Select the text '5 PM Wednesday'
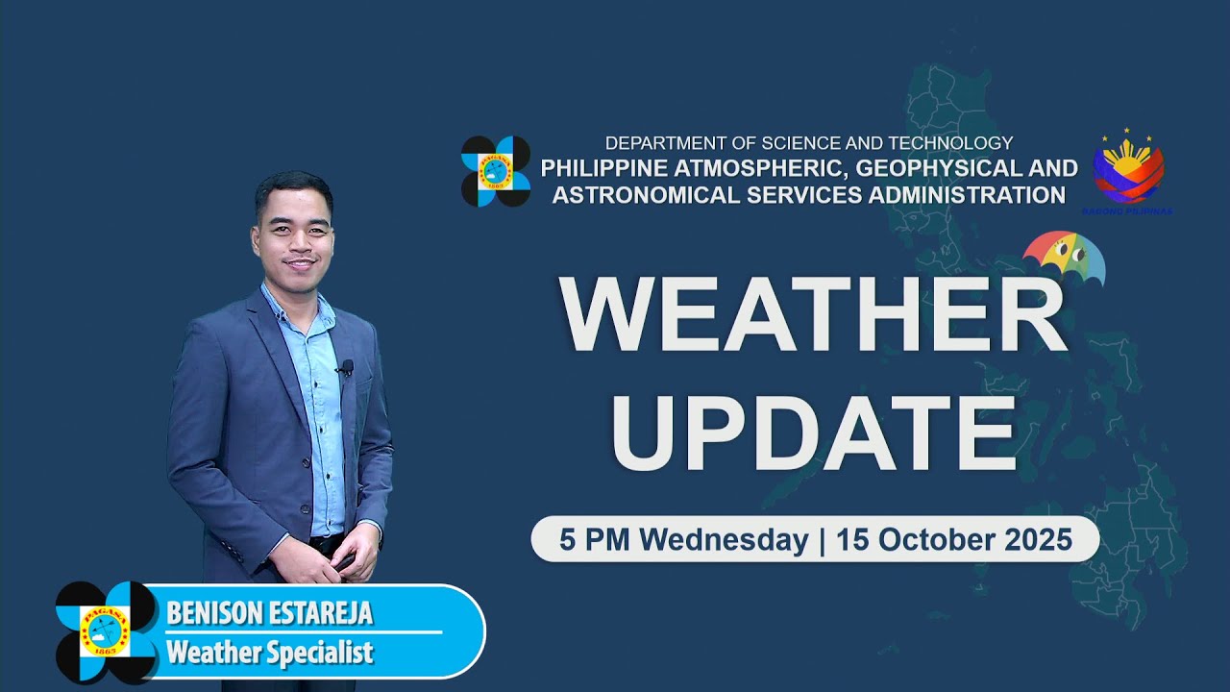click(683, 540)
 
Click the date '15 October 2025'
click(954, 540)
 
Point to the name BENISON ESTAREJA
click(269, 613)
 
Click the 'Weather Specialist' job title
click(269, 654)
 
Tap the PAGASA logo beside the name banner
click(106, 631)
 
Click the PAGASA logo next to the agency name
click(496, 171)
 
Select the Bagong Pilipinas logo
click(1128, 171)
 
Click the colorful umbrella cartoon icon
click(1064, 258)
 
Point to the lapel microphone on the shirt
click(346, 367)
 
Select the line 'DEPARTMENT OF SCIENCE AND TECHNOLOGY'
click(809, 143)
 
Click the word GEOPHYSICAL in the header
click(922, 168)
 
